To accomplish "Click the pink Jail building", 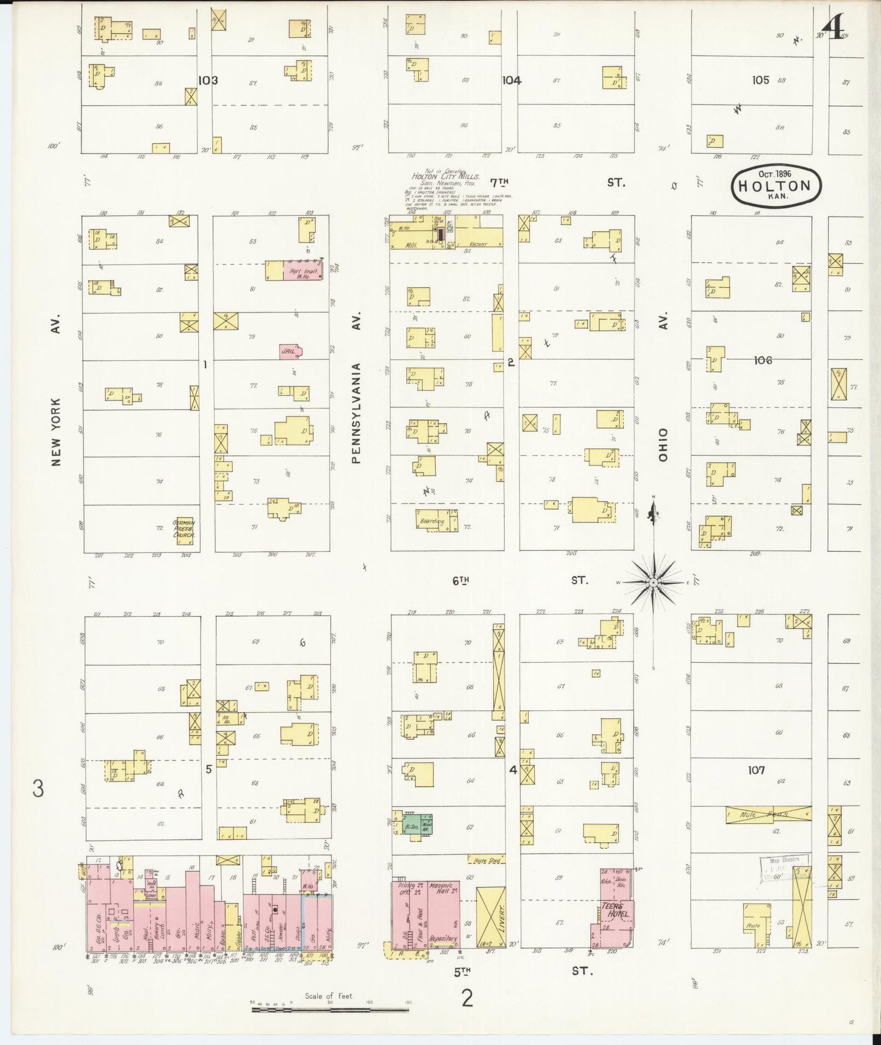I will coord(290,351).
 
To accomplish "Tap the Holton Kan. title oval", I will coord(776,186).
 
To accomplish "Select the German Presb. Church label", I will coord(185,529).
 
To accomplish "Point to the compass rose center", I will coord(653,583).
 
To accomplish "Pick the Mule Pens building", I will coord(768,814).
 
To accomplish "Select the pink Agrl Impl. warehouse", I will coord(294,270).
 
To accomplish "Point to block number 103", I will coord(208,80).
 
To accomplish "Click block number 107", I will coord(756,770).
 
